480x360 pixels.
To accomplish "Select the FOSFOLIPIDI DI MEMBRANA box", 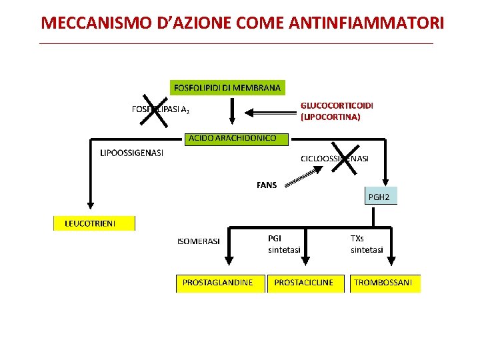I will pos(227,87).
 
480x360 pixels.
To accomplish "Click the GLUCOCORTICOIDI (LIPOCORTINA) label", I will pos(337,111).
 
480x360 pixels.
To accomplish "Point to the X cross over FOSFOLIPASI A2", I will pos(155,110).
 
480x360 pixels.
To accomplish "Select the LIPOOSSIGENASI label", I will pos(131,153).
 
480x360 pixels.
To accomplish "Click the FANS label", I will pos(267,185).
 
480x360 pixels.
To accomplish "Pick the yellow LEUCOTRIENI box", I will pos(94,223).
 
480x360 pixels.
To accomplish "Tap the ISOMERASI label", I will pos(198,241).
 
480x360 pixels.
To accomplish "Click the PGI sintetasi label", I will pos(284,243).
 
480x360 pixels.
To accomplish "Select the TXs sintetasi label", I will pos(367,243).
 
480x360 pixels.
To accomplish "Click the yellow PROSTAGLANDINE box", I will pos(218,283).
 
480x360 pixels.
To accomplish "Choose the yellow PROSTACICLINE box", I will pos(303,283).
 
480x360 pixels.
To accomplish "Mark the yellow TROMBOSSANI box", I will pos(383,283).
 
